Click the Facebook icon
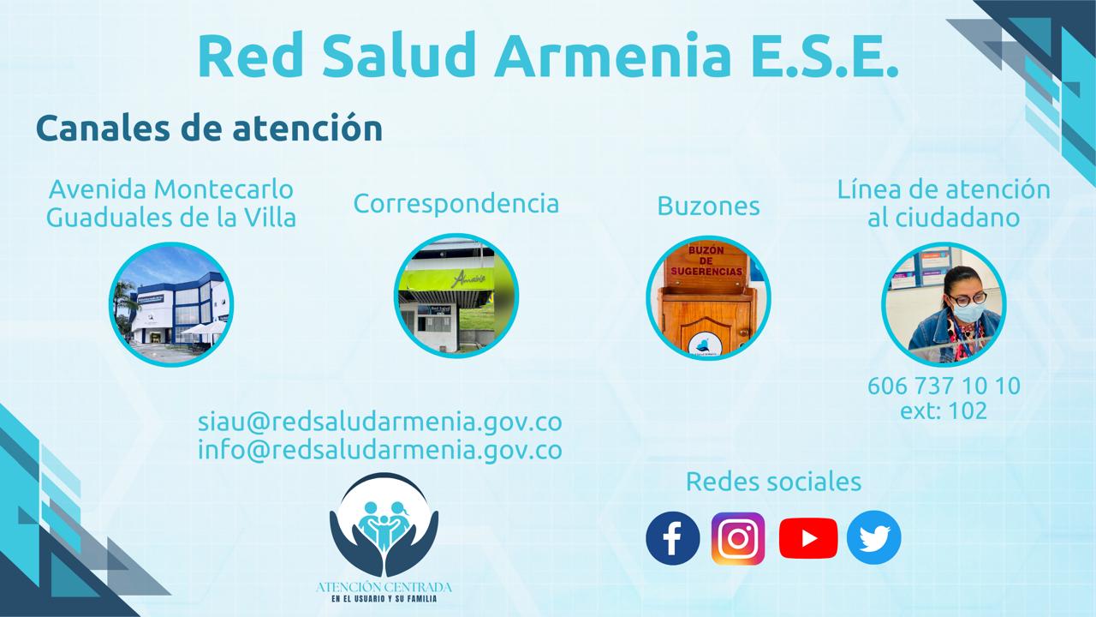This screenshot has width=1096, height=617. click(673, 538)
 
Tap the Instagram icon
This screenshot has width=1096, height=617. click(738, 539)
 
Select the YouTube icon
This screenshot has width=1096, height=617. click(808, 538)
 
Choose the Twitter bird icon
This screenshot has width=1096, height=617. click(874, 537)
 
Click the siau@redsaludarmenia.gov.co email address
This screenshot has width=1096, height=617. click(379, 422)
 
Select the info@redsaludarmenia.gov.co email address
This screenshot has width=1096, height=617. click(379, 450)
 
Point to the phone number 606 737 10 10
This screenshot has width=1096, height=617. click(944, 386)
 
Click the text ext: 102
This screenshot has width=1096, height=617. click(944, 410)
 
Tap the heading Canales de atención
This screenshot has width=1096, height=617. click(210, 129)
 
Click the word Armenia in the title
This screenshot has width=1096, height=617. click(612, 55)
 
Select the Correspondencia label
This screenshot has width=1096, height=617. click(456, 204)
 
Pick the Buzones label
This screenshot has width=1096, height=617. click(708, 206)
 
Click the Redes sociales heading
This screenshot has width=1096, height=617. click(773, 482)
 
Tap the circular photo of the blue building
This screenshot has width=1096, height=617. click(171, 304)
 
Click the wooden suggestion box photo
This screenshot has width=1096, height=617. click(708, 297)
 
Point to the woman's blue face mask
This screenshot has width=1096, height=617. click(968, 312)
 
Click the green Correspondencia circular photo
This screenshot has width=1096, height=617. click(456, 296)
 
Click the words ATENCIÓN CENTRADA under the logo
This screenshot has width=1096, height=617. click(384, 587)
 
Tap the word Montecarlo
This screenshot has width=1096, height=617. click(223, 189)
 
